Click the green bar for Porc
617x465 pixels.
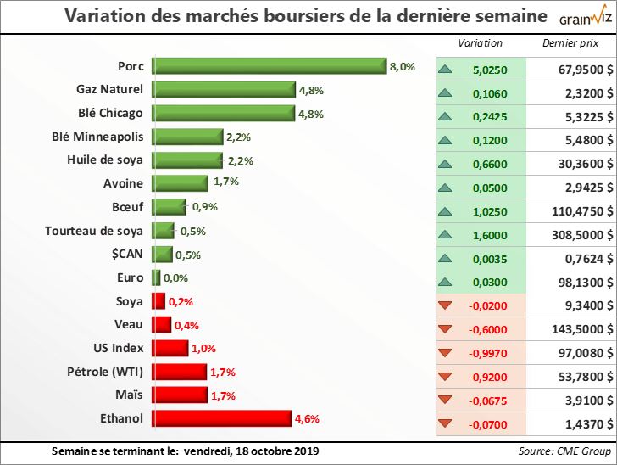click(269, 66)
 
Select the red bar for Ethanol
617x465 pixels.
click(221, 418)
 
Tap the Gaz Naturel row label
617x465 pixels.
click(110, 88)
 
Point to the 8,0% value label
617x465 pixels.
click(402, 66)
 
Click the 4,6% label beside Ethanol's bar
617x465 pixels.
click(306, 418)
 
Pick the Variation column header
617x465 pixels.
click(481, 43)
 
